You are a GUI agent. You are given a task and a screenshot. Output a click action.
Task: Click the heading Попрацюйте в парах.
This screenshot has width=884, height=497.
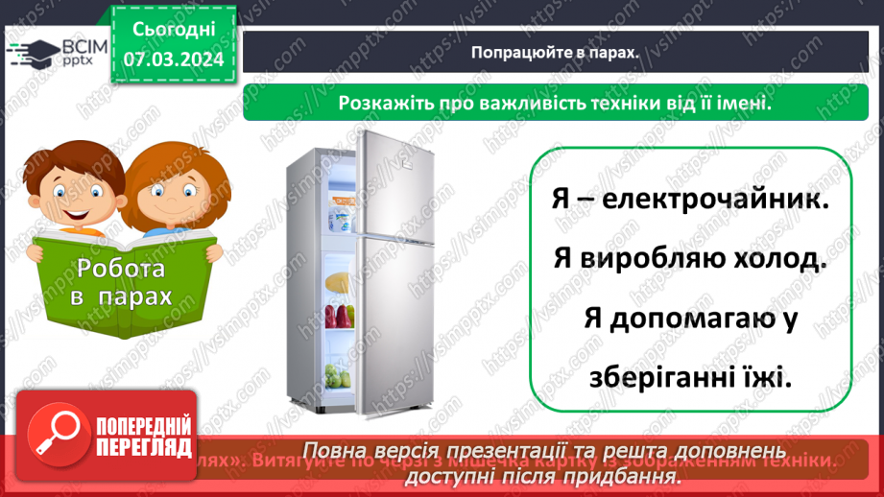click(x=555, y=53)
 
